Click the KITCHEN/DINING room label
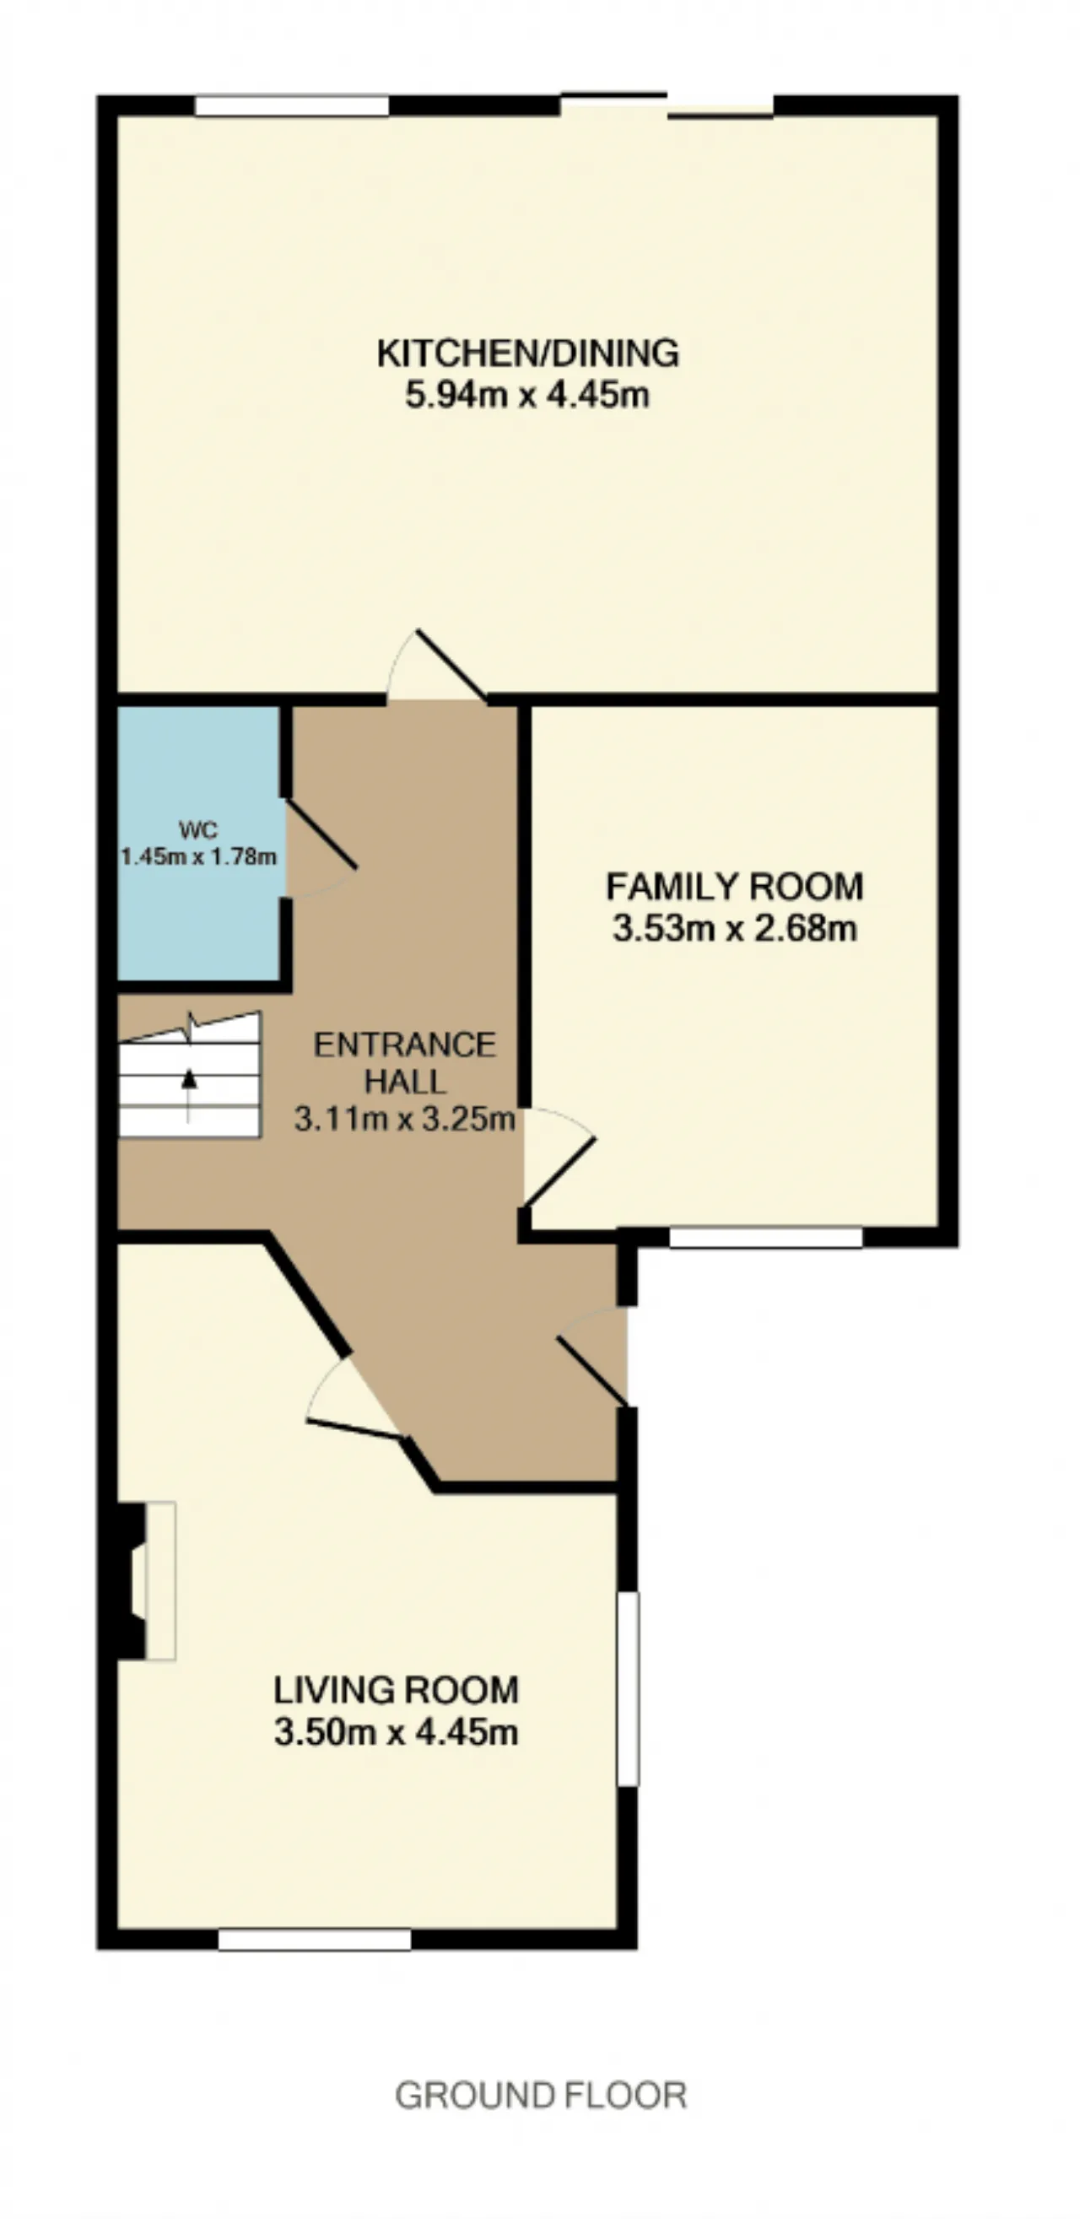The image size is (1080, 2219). coord(528,354)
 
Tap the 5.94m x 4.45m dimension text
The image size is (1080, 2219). coord(527,397)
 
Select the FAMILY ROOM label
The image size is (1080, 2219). coord(735,887)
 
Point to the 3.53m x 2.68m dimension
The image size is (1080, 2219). coord(735,929)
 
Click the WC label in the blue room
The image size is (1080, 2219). coord(198,830)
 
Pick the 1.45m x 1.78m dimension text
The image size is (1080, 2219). coord(198,857)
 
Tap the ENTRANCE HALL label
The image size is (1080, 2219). coord(405,1063)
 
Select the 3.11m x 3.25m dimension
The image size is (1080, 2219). coord(405,1119)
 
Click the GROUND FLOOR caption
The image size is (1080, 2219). coord(541,2095)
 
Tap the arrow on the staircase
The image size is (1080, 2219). coord(189,1094)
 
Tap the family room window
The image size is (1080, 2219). coord(765,1237)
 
